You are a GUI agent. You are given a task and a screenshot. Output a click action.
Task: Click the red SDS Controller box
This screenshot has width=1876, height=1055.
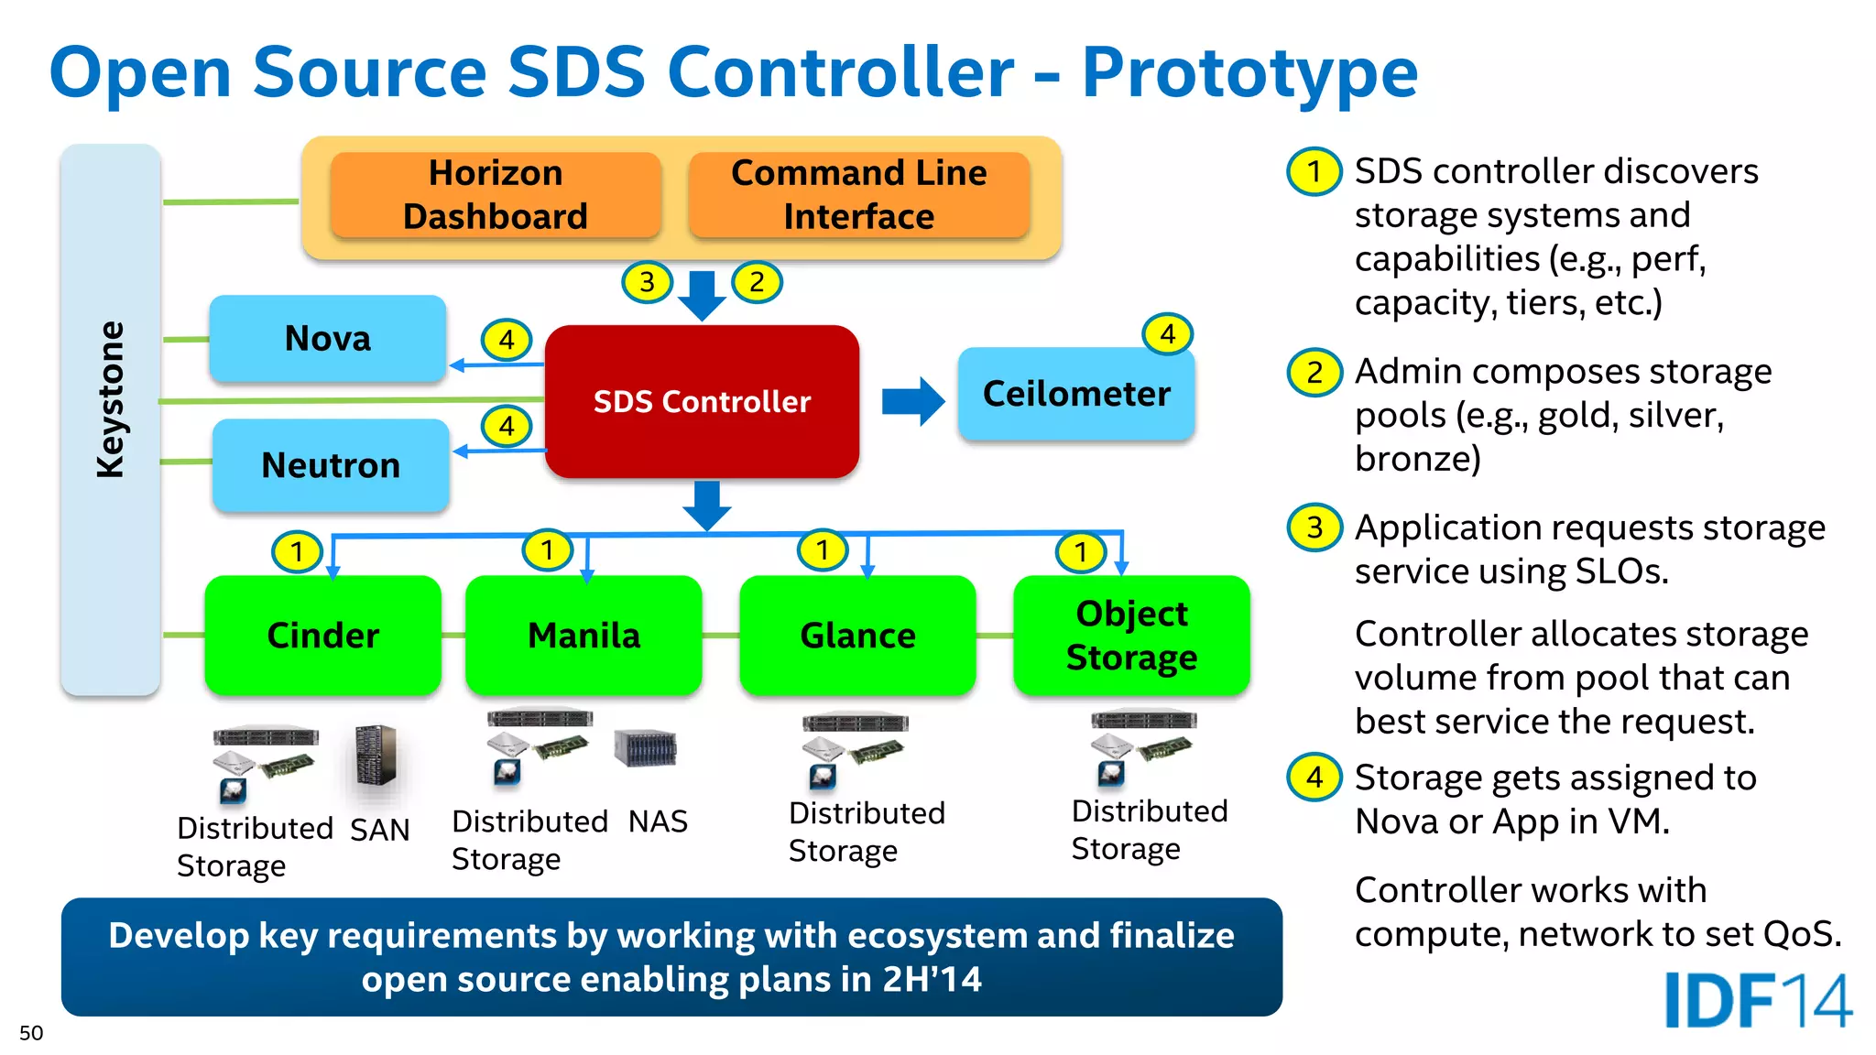tap(702, 401)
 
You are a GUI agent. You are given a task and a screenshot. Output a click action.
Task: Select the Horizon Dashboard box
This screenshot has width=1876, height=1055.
tap(496, 195)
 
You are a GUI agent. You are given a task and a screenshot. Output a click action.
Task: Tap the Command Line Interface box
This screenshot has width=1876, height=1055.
tap(858, 195)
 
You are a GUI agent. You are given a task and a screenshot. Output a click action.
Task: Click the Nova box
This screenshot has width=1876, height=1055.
tap(328, 339)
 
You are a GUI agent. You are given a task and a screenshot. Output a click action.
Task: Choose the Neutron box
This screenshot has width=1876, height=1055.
tap(331, 465)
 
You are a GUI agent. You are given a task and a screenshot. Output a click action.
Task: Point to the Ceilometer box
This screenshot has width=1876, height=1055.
tap(1076, 394)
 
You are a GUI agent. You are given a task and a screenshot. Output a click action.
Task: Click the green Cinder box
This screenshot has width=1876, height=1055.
tap(322, 635)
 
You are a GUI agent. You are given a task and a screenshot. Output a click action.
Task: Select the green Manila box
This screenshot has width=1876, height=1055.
tap(584, 635)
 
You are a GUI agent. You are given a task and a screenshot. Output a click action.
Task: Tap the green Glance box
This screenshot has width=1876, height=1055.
tap(857, 635)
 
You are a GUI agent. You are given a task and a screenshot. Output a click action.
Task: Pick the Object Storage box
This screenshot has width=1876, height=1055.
tap(1131, 635)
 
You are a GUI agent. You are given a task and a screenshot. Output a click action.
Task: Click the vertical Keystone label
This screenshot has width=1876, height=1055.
tap(111, 399)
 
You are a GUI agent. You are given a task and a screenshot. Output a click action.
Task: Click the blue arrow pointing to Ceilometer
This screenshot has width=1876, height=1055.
tap(912, 401)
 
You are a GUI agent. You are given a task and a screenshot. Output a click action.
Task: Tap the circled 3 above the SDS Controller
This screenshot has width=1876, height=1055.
tap(648, 282)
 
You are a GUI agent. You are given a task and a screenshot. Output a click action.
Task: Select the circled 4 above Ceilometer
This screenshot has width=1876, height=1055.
tap(1167, 334)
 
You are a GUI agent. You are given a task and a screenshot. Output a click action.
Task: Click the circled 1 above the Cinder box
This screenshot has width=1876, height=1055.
tap(297, 552)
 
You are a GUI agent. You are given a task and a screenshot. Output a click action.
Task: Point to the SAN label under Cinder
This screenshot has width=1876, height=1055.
tap(379, 830)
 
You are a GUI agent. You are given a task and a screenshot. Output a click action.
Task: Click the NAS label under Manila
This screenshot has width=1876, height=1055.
tap(658, 821)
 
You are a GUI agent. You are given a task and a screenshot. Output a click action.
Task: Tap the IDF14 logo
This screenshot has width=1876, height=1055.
tap(1757, 1000)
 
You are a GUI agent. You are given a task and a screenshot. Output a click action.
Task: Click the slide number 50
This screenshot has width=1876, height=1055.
tap(31, 1033)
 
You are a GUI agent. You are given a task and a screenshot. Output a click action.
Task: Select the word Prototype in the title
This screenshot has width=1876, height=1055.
tap(1249, 73)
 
